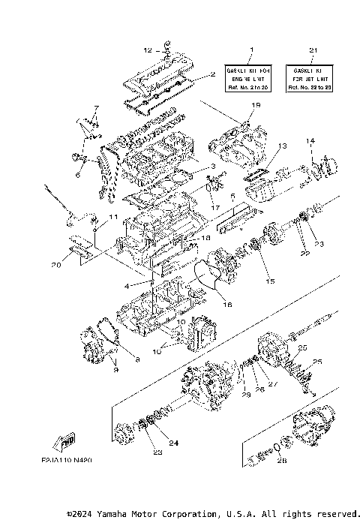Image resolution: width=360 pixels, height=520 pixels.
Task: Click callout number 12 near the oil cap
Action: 148,50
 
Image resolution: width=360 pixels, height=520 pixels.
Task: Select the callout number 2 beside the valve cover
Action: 212,74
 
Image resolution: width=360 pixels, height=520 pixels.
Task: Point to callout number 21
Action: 310,50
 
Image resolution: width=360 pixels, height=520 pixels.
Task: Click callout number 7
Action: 96,108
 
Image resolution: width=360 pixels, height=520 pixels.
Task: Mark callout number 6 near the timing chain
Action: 77,175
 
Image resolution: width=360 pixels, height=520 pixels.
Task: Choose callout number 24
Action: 173,443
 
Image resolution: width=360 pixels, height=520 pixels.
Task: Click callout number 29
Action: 245,395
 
